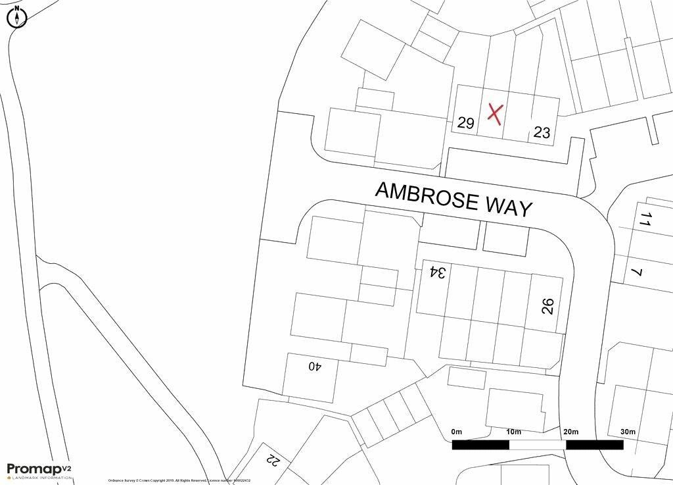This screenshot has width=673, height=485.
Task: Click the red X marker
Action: tap(495, 114)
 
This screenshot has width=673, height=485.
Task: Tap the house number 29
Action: tap(466, 123)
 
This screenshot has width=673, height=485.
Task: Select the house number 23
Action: tap(542, 132)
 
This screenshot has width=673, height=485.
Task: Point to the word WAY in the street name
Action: tap(509, 206)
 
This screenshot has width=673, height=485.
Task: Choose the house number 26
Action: tap(548, 306)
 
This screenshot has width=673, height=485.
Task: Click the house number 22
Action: tap(273, 458)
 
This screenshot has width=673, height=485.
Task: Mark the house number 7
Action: tap(636, 272)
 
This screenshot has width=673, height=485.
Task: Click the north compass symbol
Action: tap(16, 17)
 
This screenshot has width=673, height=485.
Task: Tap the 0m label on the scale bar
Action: tap(457, 432)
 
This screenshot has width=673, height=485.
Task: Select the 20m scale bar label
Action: tap(570, 432)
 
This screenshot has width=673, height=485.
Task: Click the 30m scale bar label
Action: tap(628, 432)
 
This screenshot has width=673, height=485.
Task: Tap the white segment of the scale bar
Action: tap(538, 445)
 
